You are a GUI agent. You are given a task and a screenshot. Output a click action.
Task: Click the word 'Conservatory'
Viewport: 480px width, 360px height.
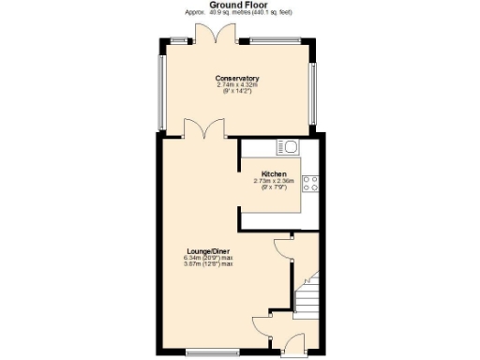click(x=236, y=78)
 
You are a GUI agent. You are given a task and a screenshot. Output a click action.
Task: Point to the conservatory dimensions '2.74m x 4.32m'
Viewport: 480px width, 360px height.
click(x=236, y=85)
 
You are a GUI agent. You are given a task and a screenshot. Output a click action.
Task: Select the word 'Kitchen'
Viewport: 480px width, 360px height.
click(x=273, y=174)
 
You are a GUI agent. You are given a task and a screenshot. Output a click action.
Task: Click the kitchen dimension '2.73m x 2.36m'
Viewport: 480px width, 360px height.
click(x=274, y=182)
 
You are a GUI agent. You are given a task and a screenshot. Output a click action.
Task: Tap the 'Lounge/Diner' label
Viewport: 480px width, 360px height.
click(x=208, y=251)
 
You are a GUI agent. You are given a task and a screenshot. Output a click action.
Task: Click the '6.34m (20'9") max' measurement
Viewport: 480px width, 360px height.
click(x=208, y=258)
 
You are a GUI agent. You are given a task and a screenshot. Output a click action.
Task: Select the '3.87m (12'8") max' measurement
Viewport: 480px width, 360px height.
click(x=208, y=264)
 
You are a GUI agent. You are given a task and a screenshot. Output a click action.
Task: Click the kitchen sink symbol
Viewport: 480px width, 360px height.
click(x=287, y=146)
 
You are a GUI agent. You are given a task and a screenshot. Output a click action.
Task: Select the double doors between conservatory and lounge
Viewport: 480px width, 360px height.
click(x=204, y=127)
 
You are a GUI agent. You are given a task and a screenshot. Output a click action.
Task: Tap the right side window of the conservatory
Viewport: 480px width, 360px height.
click(x=314, y=92)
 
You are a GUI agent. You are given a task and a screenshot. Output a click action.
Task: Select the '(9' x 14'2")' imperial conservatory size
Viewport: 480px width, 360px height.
click(x=236, y=92)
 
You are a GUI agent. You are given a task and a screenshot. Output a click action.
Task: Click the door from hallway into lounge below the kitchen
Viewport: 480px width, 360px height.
click(x=282, y=248)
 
